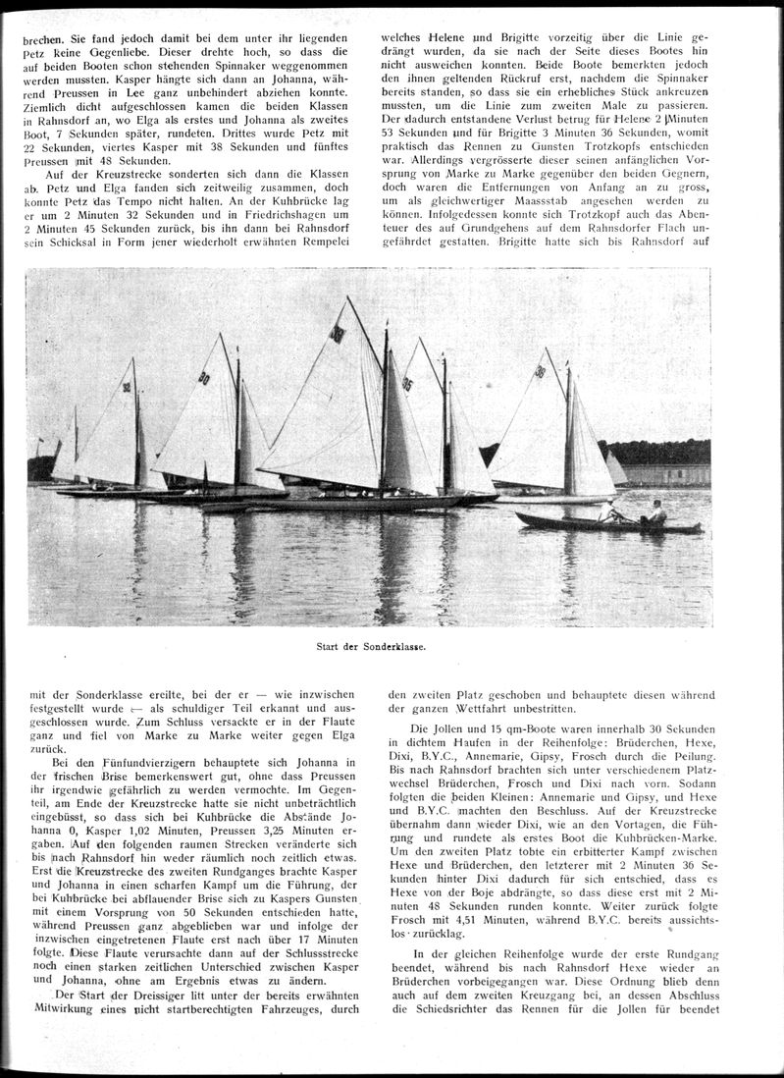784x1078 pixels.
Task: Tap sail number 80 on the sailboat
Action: tap(204, 378)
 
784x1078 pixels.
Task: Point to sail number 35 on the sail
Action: tap(407, 386)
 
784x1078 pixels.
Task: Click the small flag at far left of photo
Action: tap(40, 444)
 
